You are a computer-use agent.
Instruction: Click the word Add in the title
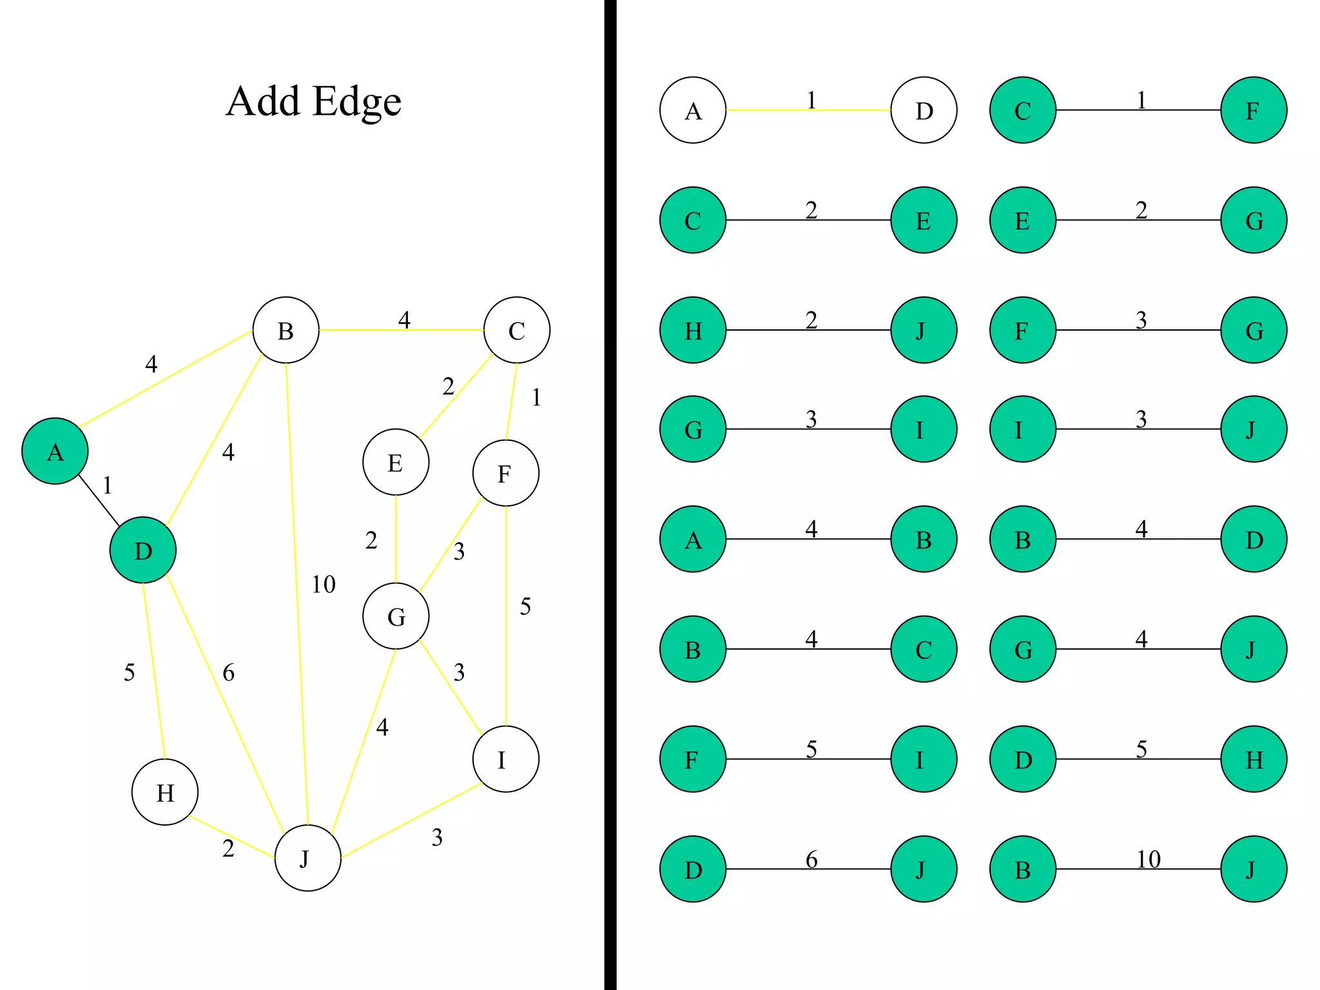tap(263, 101)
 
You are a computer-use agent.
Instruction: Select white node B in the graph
tap(286, 330)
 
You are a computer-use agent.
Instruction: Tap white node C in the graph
tap(517, 330)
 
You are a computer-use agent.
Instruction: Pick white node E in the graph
tap(396, 462)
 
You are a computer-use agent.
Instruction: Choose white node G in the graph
tap(396, 616)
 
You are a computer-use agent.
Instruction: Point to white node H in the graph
tap(165, 792)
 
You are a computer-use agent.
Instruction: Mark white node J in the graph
tap(307, 858)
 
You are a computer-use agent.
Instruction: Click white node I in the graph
tap(505, 759)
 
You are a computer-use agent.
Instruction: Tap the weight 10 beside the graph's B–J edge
tap(324, 585)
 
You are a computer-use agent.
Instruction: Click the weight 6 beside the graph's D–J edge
tap(229, 673)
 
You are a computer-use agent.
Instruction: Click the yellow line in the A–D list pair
tap(808, 110)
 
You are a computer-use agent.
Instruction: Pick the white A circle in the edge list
tap(693, 110)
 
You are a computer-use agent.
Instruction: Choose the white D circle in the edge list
tap(924, 110)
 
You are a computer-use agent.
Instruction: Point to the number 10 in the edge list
tap(1149, 859)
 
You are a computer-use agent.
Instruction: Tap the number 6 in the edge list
tap(811, 859)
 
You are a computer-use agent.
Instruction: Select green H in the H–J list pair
tap(693, 330)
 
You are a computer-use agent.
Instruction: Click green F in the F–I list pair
tap(693, 759)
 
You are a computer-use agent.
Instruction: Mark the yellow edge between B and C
tap(401, 330)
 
